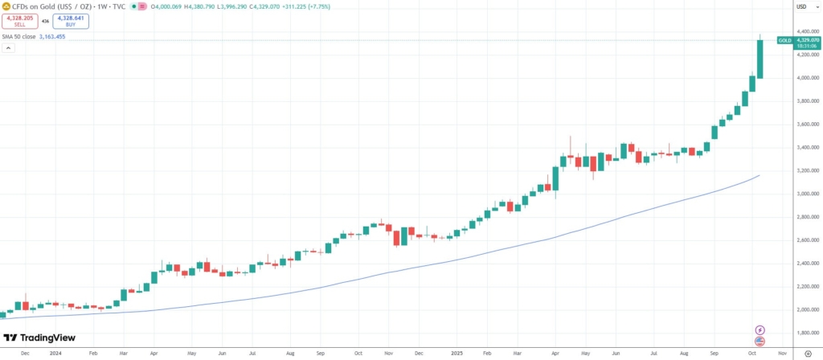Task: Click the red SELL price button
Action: click(x=19, y=22)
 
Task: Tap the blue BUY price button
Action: click(x=71, y=22)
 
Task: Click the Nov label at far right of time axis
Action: click(x=782, y=353)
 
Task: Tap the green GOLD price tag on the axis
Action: click(x=784, y=39)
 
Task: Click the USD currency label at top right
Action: click(x=800, y=6)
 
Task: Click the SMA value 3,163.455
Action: click(x=51, y=36)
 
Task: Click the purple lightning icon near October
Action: click(x=760, y=330)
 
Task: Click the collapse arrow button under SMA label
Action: click(x=7, y=48)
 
